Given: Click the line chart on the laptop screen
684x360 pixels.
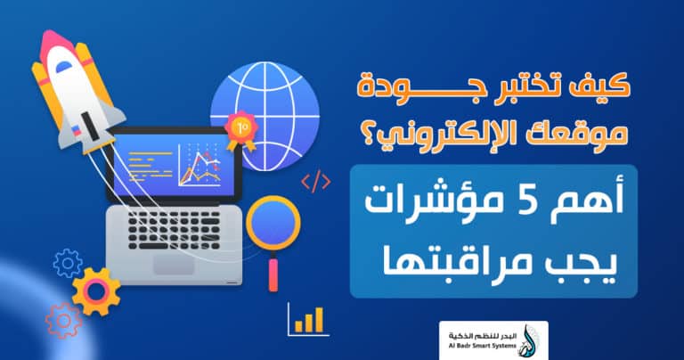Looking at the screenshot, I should (197, 164).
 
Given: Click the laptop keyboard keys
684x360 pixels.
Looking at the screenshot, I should (178, 227).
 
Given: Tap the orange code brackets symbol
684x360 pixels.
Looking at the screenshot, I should (315, 184).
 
